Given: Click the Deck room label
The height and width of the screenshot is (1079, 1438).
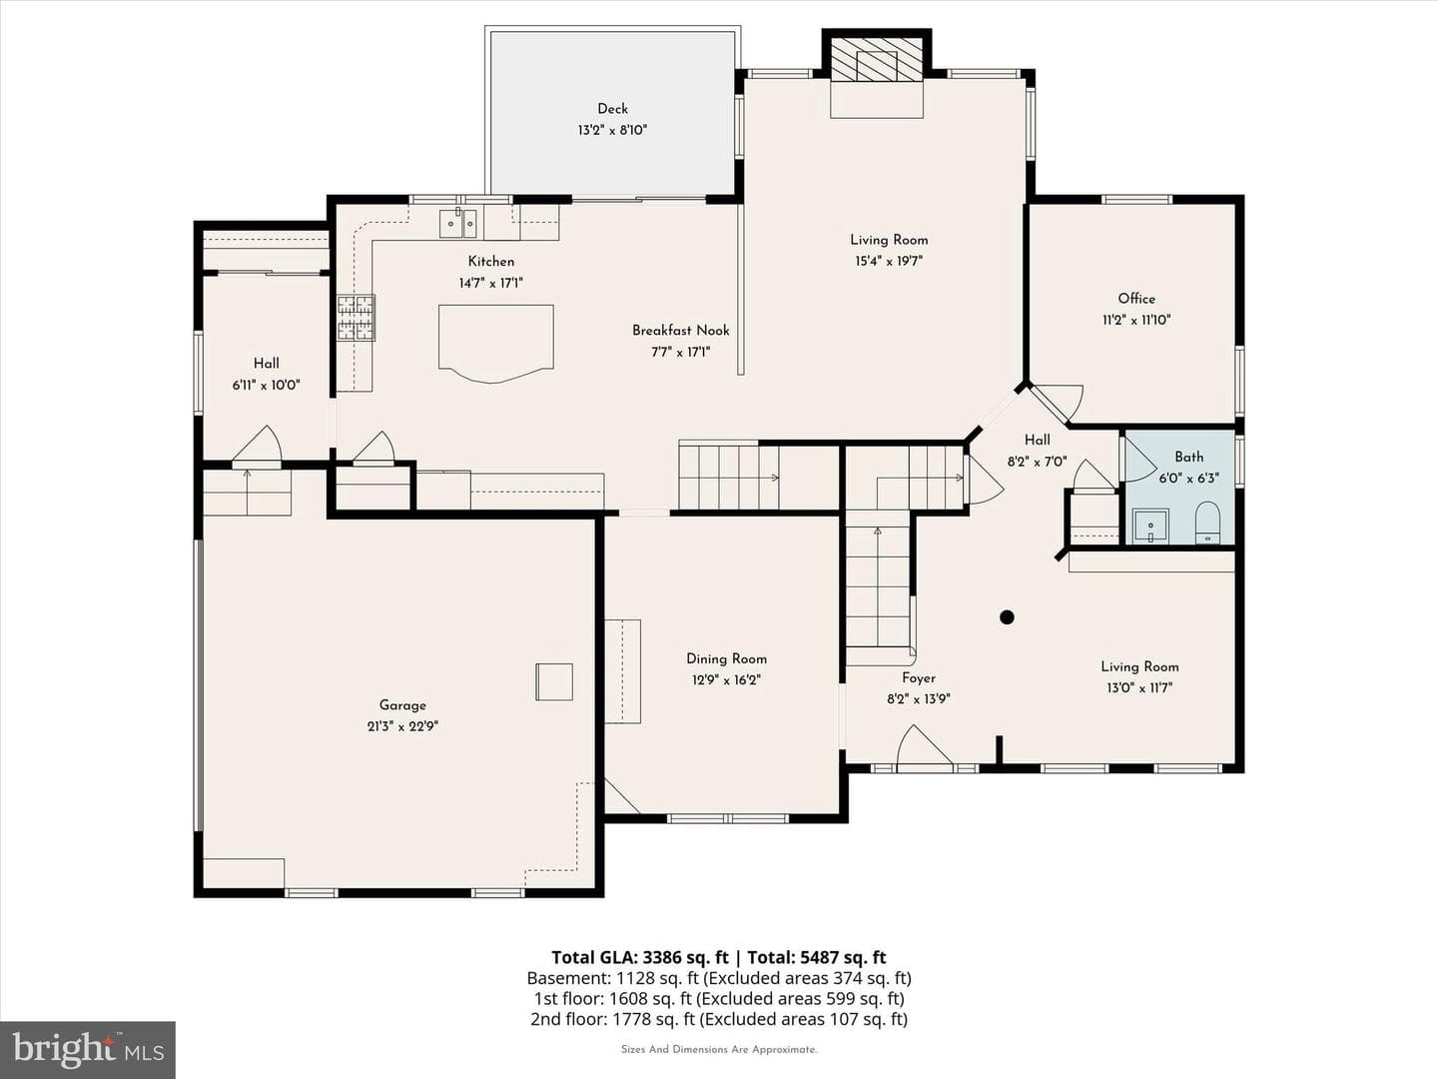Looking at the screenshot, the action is coord(612,109).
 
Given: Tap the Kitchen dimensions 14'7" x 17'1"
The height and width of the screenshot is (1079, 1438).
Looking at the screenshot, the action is coord(490,283).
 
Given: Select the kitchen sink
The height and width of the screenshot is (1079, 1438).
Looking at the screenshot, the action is coord(458,224).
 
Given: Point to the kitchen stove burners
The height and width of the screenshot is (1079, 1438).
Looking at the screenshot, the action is coord(357,318).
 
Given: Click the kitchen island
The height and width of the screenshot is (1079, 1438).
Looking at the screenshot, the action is coord(496,343).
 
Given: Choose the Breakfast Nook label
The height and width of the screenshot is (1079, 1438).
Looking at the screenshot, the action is coord(681,330).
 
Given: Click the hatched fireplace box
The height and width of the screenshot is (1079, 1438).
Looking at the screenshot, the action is coord(877,59).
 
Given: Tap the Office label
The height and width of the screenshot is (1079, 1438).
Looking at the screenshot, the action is coord(1136,299).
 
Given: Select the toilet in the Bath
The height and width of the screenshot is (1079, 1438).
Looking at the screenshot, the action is coord(1207,523).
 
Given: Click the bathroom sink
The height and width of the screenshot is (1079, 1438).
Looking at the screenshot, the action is coord(1150,527).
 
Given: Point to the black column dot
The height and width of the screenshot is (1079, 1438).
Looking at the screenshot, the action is coord(1007,617).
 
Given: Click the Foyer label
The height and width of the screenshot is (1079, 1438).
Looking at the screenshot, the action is coord(919,678).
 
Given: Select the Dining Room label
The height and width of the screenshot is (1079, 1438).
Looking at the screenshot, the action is coord(727,659).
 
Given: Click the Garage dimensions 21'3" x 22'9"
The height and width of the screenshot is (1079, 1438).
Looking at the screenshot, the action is coord(402,726).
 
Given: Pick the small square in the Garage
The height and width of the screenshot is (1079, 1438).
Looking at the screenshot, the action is coord(554,682).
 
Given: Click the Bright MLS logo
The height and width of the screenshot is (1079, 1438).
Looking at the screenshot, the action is coord(88,1050).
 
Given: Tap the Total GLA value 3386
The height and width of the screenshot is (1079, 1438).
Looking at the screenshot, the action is coord(663,958).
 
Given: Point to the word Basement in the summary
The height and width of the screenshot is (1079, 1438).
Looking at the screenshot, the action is coord(568,978).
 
